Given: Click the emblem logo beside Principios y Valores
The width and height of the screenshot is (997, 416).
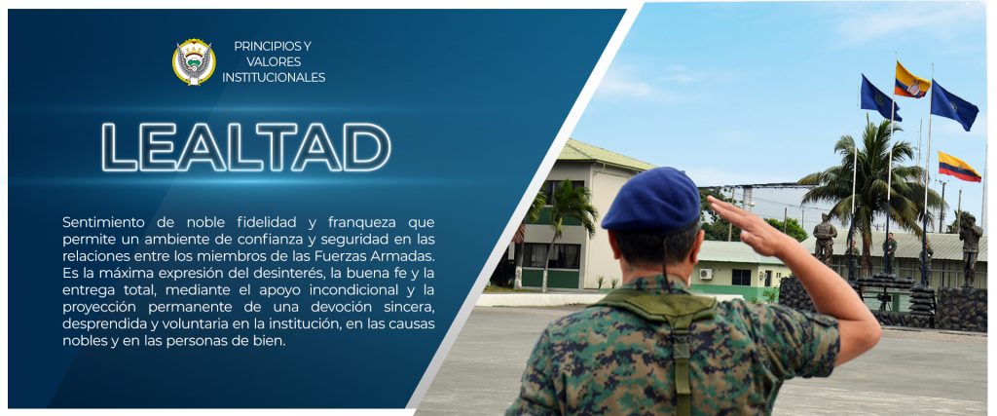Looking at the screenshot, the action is pyautogui.click(x=194, y=61).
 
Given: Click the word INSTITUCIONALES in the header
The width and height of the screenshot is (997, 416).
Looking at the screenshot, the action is pyautogui.click(x=274, y=78).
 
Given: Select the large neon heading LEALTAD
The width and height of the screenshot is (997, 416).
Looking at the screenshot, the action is pyautogui.click(x=246, y=147).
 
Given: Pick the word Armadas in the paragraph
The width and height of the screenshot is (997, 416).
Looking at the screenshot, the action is pyautogui.click(x=407, y=255).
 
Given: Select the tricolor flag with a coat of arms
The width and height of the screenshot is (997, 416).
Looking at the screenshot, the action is pyautogui.click(x=911, y=80).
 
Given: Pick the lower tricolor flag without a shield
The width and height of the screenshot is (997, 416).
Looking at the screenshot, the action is pyautogui.click(x=959, y=166).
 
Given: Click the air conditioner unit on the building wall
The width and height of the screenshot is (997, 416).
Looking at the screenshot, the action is pyautogui.click(x=706, y=274).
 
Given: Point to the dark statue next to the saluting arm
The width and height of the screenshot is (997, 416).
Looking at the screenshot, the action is pyautogui.click(x=824, y=239).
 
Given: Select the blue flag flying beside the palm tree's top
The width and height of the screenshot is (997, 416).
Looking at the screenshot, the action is pyautogui.click(x=880, y=98).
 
